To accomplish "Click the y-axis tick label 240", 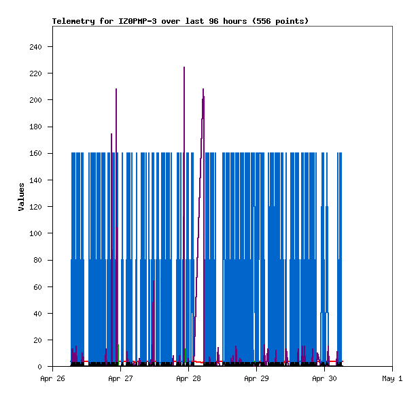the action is (x=36, y=47).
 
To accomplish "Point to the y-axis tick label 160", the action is (x=36, y=154).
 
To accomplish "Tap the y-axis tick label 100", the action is (x=36, y=233).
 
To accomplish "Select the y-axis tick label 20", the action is (x=38, y=340).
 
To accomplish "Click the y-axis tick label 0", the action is (x=39, y=367).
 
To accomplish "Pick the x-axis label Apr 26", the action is (x=52, y=378).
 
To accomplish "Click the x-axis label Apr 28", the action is (x=188, y=378).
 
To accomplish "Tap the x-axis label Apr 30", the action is (x=324, y=378).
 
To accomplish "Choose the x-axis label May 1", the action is (x=392, y=378).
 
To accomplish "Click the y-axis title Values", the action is (x=21, y=197).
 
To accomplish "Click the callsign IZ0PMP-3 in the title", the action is (x=137, y=21).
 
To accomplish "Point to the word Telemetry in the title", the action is (x=73, y=21).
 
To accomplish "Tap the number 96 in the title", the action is (x=214, y=21).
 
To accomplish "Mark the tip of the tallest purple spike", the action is (x=184, y=67).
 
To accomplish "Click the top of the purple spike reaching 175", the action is (x=111, y=134).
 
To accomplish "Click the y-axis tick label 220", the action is (x=36, y=73).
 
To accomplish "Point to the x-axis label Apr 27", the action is (x=120, y=378).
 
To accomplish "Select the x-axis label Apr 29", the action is (x=256, y=378).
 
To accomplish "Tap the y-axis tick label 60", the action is (x=38, y=287).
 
